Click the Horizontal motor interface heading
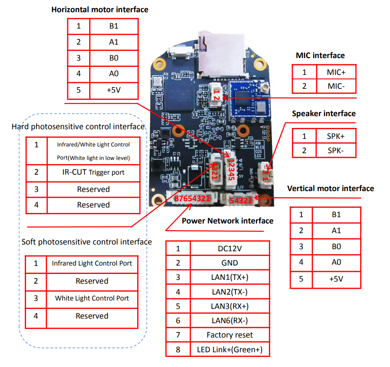tap(100, 9)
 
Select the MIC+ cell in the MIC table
tap(336, 72)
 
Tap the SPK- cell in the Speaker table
tap(336, 150)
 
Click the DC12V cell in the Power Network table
tap(230, 248)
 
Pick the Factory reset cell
tap(230, 335)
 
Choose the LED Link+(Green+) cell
tap(230, 349)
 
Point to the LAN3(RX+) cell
tap(230, 306)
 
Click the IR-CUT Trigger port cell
tap(93, 172)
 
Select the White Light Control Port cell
tap(92, 298)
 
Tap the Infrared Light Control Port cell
tap(92, 263)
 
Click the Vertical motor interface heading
tap(330, 189)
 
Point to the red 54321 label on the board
tap(241, 201)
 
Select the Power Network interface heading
tap(228, 221)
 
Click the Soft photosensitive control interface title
tap(87, 242)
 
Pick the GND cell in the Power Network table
tap(230, 263)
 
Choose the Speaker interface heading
tap(324, 114)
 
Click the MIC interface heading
tap(320, 55)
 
